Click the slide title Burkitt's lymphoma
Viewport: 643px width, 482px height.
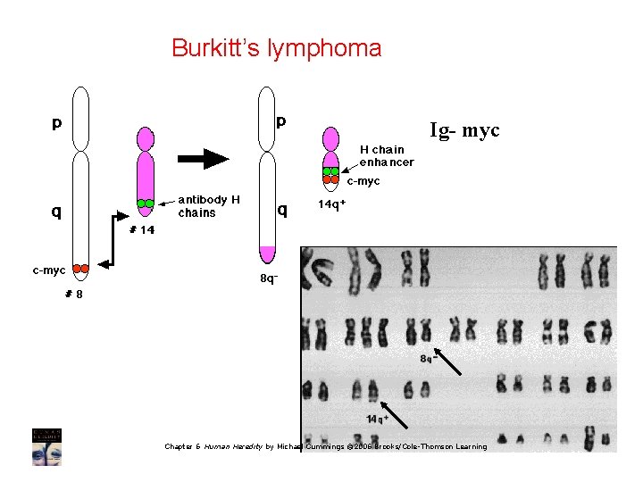pyautogui.click(x=276, y=47)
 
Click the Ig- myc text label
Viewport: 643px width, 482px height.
pyautogui.click(x=464, y=130)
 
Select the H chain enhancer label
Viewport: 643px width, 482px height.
pyautogui.click(x=386, y=155)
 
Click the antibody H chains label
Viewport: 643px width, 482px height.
pyautogui.click(x=208, y=206)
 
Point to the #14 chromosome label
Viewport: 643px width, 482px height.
pyautogui.click(x=142, y=229)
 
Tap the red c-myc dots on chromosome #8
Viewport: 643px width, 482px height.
pyautogui.click(x=80, y=268)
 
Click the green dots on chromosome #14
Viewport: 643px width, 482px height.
pyautogui.click(x=145, y=204)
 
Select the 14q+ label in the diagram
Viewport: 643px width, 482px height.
pyautogui.click(x=331, y=204)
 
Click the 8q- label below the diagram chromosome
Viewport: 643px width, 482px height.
pyautogui.click(x=268, y=278)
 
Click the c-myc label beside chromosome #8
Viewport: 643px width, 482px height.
pyautogui.click(x=48, y=269)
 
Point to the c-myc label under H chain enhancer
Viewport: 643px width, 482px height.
pyautogui.click(x=363, y=181)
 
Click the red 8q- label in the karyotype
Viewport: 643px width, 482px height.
pyautogui.click(x=428, y=359)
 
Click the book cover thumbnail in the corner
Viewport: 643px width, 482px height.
pyautogui.click(x=46, y=446)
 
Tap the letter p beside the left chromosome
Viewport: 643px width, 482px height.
pyautogui.click(x=56, y=123)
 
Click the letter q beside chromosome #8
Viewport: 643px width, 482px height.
pyautogui.click(x=55, y=212)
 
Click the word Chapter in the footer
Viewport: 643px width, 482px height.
pyautogui.click(x=179, y=446)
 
